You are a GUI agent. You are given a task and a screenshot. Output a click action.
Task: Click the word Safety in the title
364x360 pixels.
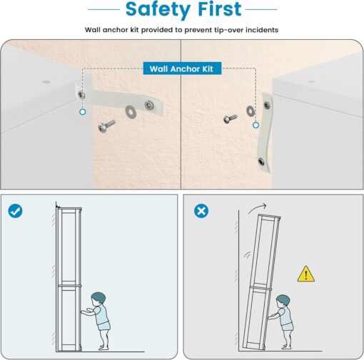point(158,10)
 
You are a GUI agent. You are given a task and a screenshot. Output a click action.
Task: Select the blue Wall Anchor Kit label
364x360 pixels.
point(182,68)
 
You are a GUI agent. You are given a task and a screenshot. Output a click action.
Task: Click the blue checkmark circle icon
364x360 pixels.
point(15,211)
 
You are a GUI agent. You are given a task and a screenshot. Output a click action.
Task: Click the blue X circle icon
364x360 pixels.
point(201,211)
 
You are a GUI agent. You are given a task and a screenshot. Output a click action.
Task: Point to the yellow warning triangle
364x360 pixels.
point(305,274)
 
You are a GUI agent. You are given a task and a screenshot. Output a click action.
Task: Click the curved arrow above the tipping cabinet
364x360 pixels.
point(256,207)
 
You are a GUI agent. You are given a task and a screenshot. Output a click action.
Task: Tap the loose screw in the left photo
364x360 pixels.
point(106,125)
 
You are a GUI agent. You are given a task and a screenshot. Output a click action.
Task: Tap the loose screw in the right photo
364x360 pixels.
point(230,118)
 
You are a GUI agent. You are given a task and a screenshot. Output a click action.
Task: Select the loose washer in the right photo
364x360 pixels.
point(250,111)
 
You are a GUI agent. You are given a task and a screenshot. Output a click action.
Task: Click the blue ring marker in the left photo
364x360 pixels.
point(83,112)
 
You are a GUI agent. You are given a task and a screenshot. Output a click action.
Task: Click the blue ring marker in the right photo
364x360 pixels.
point(256,125)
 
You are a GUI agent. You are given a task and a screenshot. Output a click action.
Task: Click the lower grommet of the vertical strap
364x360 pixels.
point(261,162)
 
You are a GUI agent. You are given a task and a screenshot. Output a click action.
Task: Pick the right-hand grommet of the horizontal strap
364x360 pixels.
point(149,105)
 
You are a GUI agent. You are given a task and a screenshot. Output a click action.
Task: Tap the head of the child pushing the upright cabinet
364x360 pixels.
point(98,299)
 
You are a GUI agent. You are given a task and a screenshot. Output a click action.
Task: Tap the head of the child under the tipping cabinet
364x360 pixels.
point(283,301)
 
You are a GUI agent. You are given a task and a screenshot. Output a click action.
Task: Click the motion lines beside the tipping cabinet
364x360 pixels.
point(247,256)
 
